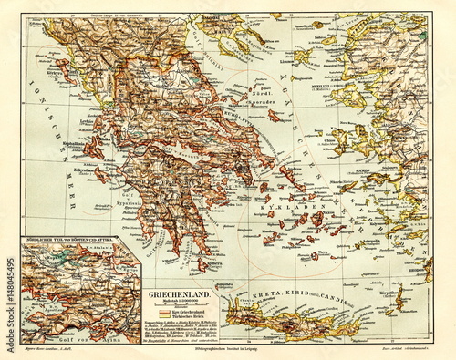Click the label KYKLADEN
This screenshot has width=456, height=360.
coord(302,198)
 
